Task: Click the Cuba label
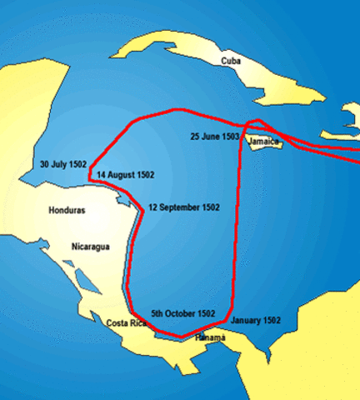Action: (231, 61)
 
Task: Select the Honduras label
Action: (67, 210)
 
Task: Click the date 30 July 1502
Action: (63, 164)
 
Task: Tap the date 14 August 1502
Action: (125, 176)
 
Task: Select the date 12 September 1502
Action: (183, 206)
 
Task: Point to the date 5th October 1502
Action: (183, 313)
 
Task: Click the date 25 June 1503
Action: (215, 135)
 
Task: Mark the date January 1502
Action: (256, 320)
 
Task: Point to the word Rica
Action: (138, 323)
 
